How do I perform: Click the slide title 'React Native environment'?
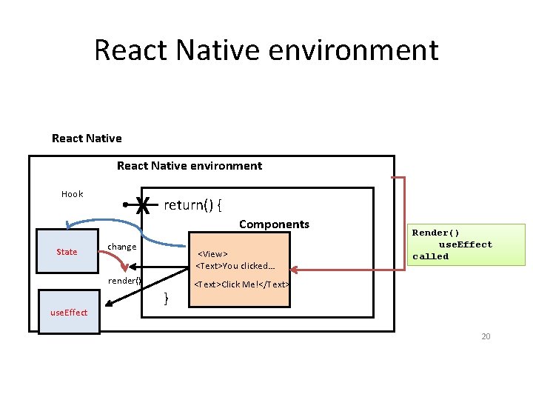pyautogui.click(x=266, y=50)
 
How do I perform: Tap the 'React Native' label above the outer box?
pyautogui.click(x=87, y=139)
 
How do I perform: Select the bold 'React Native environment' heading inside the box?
pyautogui.click(x=190, y=166)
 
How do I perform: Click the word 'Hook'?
pyautogui.click(x=72, y=194)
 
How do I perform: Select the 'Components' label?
pyautogui.click(x=274, y=224)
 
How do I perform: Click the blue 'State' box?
pyautogui.click(x=67, y=252)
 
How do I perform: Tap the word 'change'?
pyautogui.click(x=122, y=247)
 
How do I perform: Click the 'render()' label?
pyautogui.click(x=124, y=281)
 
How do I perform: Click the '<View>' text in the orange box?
pyautogui.click(x=212, y=254)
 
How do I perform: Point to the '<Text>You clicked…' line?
pyautogui.click(x=235, y=266)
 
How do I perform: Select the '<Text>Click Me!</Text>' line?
pyautogui.click(x=241, y=284)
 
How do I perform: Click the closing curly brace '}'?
pyautogui.click(x=166, y=299)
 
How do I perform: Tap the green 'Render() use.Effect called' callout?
pyautogui.click(x=452, y=244)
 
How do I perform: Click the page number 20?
pyautogui.click(x=486, y=337)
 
